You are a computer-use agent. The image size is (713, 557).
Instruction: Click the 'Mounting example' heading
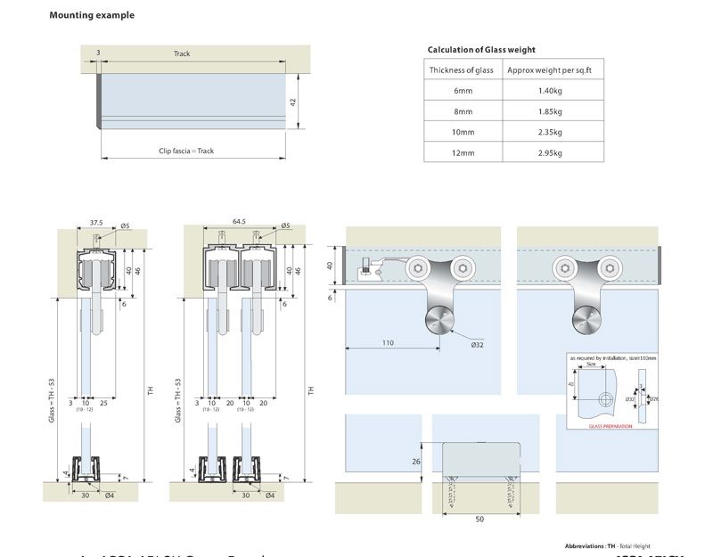(x=92, y=15)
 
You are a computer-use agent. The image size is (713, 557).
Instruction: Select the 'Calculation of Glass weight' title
(x=481, y=50)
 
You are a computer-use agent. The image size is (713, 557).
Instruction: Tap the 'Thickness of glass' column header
(x=461, y=70)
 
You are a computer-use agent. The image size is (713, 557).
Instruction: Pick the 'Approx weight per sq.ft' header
(x=550, y=70)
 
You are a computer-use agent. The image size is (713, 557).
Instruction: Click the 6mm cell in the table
(x=461, y=91)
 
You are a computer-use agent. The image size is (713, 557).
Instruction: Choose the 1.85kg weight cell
(x=550, y=111)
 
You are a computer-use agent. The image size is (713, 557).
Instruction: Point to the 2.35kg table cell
(x=550, y=132)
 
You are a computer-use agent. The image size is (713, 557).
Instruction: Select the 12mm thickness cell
(x=461, y=152)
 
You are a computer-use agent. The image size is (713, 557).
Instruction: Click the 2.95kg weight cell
(x=550, y=152)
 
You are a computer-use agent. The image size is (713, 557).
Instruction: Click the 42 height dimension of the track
(x=293, y=102)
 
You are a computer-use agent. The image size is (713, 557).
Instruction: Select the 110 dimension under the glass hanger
(x=388, y=342)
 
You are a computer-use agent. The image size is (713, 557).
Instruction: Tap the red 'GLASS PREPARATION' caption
(x=611, y=427)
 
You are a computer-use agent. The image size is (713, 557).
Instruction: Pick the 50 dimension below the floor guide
(x=479, y=519)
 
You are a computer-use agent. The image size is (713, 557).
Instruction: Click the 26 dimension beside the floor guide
(x=416, y=462)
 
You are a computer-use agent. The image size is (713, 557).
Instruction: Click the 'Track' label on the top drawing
(x=182, y=53)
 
